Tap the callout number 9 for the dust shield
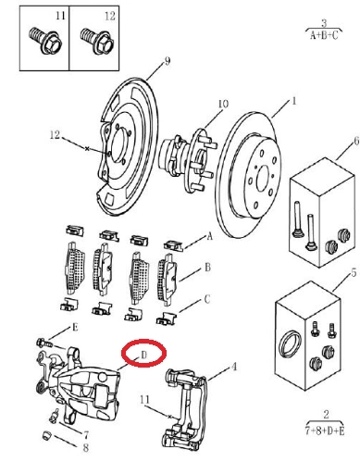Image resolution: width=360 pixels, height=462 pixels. coord(168,61)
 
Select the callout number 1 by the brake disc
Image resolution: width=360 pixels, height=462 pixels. coord(294,101)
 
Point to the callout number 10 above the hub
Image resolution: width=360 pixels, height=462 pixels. coord(223,104)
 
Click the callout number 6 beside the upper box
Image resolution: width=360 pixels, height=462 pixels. coord(356,142)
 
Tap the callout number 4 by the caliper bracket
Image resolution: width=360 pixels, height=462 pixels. coord(234,367)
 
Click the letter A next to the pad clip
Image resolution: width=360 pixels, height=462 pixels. coord(210,237)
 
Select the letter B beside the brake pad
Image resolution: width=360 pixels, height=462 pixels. coord(208,268)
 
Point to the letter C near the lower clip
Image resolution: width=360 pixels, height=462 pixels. coord(207,299)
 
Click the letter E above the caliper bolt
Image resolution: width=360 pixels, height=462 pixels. coord(75,328)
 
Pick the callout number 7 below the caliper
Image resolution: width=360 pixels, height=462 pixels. coord(86,435)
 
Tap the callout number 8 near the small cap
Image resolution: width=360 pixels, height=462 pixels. coord(86,447)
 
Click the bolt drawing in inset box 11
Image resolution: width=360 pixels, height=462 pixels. coord(45,41)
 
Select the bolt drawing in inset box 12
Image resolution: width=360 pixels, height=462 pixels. coord(97,41)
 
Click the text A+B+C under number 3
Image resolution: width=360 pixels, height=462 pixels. coord(324,36)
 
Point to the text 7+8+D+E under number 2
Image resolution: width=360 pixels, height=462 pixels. coord(325,431)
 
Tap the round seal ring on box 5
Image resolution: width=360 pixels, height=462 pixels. coord(289,346)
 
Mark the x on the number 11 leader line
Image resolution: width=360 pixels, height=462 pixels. coord(169,417)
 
